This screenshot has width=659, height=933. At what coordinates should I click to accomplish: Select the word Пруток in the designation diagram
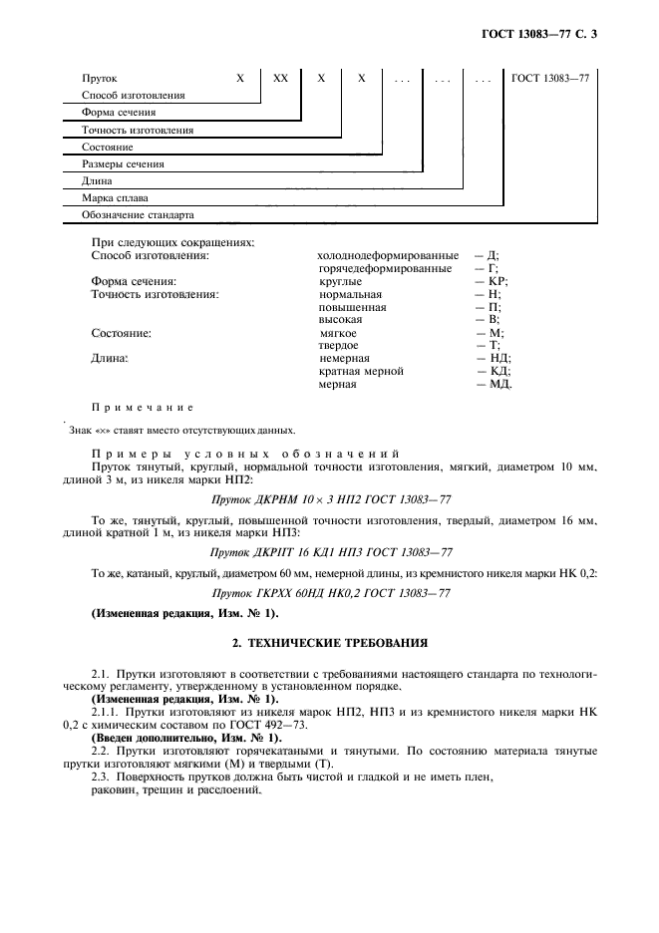[x=102, y=78]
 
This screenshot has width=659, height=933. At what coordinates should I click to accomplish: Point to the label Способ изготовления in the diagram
[x=134, y=96]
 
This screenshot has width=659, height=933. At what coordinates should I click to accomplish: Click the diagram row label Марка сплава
[x=120, y=198]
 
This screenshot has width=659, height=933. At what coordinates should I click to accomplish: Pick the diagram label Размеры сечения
[x=124, y=164]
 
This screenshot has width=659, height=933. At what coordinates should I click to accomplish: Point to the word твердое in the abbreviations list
[x=339, y=346]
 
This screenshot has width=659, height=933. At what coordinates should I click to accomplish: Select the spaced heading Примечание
[x=142, y=408]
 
